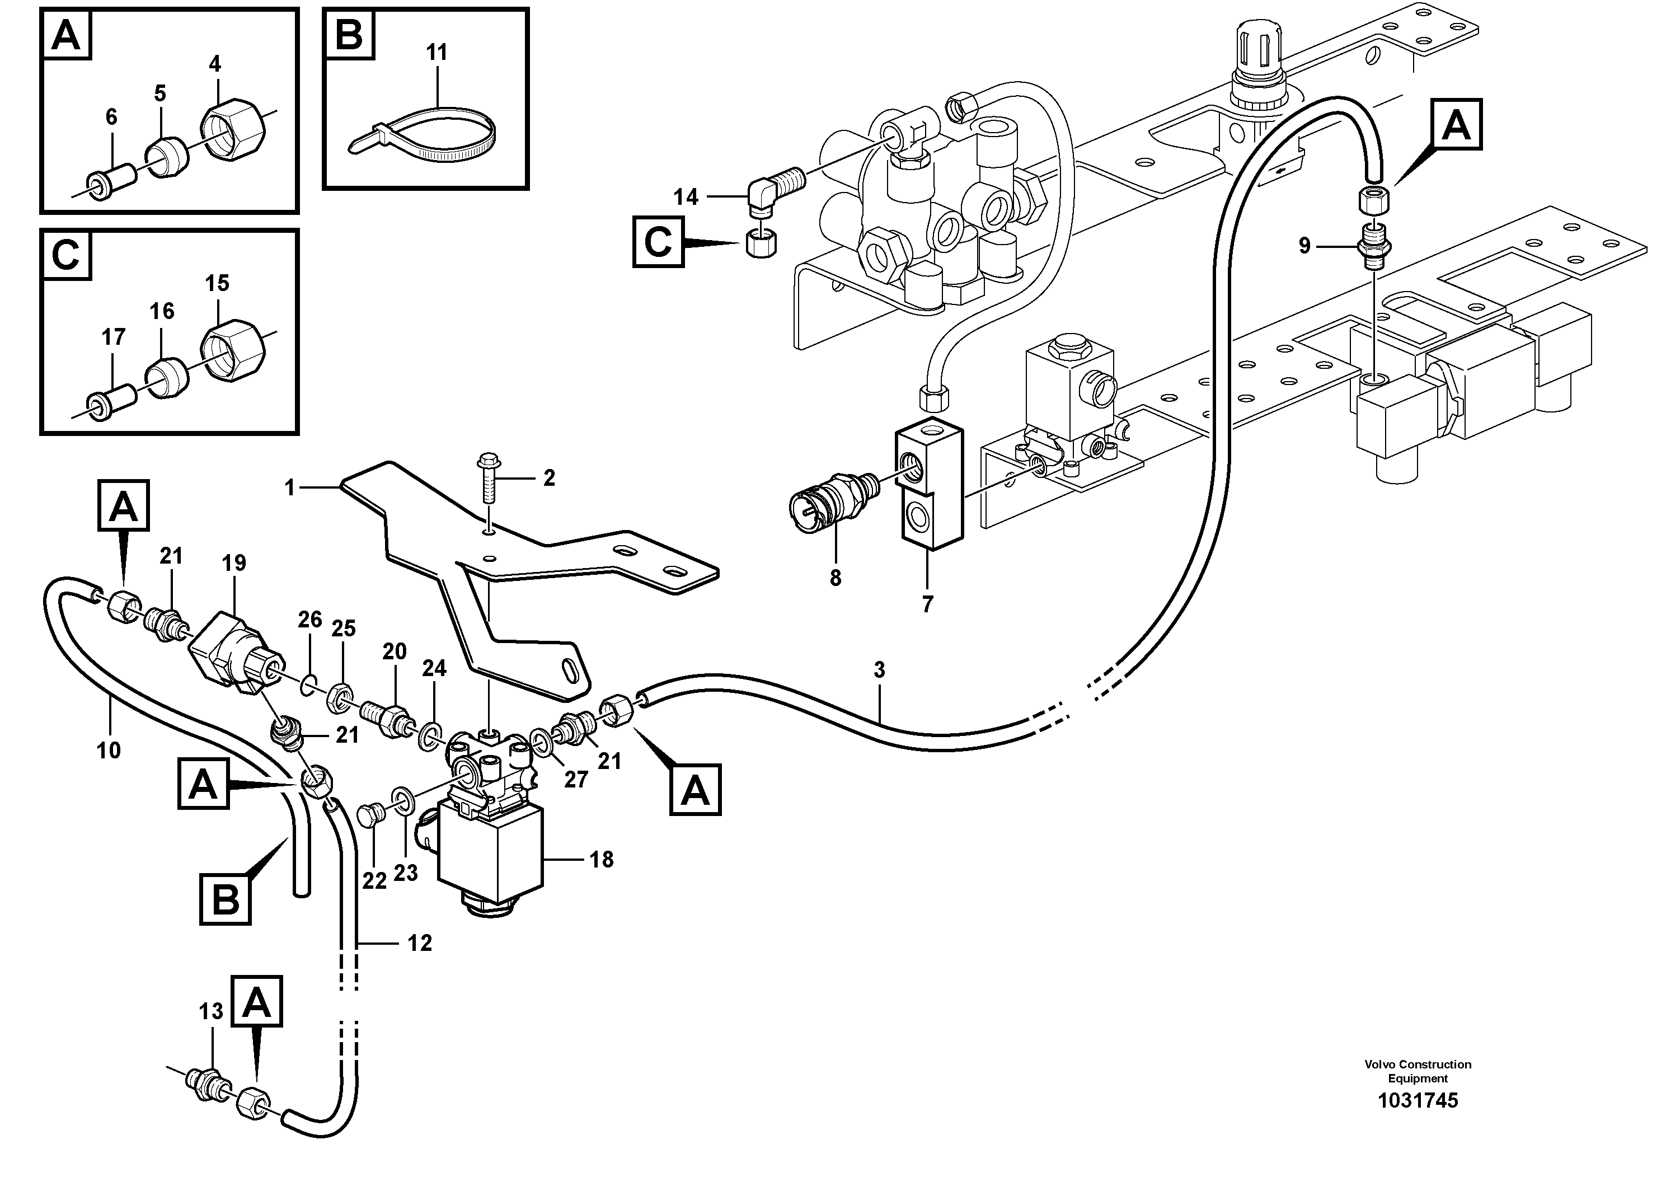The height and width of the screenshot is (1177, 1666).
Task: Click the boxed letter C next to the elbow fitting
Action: coord(658,242)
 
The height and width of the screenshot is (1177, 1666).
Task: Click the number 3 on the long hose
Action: coord(879,670)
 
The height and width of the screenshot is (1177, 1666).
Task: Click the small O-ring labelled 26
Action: coord(308,683)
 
